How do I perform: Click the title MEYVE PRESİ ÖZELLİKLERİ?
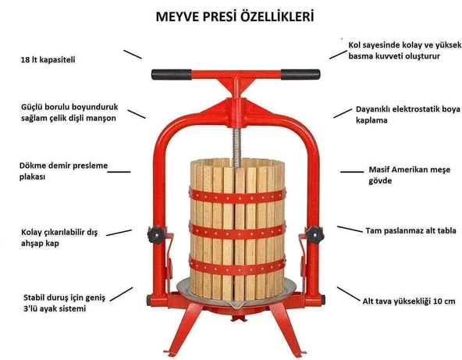pos(231,16)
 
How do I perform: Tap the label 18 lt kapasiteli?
pos(52,59)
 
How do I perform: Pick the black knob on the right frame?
pos(314,233)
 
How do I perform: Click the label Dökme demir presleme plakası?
pos(53,171)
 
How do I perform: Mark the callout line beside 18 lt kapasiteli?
pos(132,54)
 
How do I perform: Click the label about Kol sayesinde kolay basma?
pos(399,51)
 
